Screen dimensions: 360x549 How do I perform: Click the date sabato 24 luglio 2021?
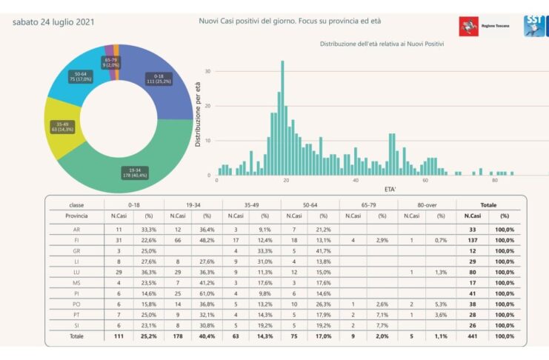[53, 22]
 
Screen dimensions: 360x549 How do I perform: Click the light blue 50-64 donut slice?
[77, 77]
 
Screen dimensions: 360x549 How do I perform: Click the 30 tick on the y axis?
[208, 72]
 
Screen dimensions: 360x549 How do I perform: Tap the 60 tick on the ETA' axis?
[425, 180]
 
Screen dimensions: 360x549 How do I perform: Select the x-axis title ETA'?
[390, 190]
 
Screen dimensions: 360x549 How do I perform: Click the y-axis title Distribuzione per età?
[199, 112]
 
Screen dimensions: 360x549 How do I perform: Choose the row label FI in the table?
[77, 239]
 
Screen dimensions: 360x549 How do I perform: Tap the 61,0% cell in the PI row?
[207, 294]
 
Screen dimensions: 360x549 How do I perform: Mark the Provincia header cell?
[77, 216]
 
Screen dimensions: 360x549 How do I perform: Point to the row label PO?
[77, 304]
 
